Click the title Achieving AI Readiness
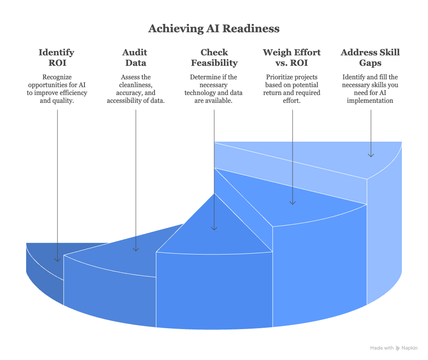[214, 29]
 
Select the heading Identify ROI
[57, 57]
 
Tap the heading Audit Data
[135, 57]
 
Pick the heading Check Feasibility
[214, 57]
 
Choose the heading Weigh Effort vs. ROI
[292, 57]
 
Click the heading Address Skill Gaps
[370, 57]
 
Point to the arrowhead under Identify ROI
[57, 260]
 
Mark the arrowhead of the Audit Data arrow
[135, 249]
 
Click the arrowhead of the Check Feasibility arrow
[214, 228]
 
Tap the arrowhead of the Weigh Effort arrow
[292, 202]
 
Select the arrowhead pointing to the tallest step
[371, 155]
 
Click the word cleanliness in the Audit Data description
[135, 85]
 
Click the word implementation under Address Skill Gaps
[370, 101]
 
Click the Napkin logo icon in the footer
[398, 348]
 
